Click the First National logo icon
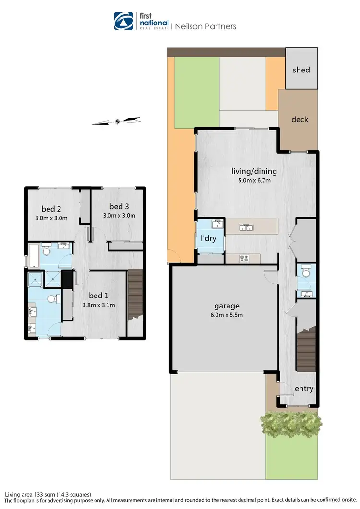(x=123, y=22)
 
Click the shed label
(x=301, y=70)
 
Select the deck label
(x=300, y=119)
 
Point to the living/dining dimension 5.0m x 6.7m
(x=253, y=181)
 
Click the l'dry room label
(x=208, y=237)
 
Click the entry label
(x=304, y=388)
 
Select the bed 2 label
(x=51, y=209)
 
